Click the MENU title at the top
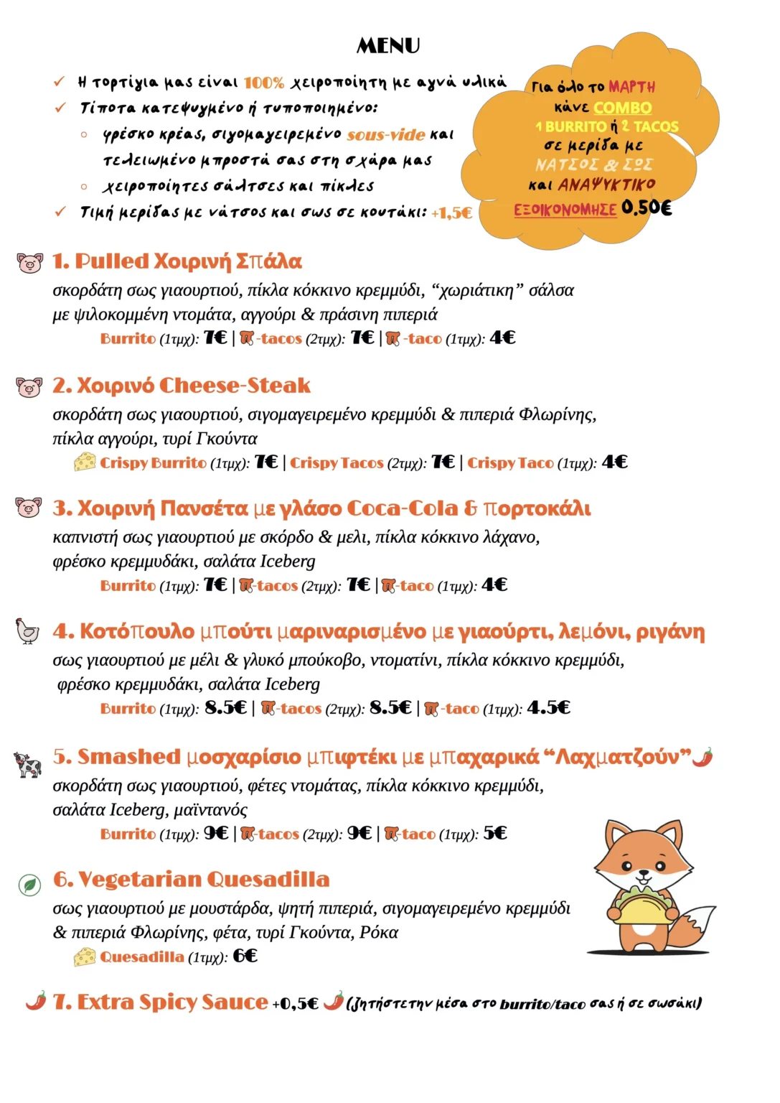(388, 46)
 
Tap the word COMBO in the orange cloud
(623, 108)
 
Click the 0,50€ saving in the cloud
(647, 208)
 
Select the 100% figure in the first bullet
(264, 83)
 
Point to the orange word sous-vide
(386, 135)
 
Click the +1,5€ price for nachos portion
(451, 213)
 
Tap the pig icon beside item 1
(29, 263)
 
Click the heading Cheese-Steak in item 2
(235, 386)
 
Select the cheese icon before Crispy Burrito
(85, 462)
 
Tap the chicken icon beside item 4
(28, 631)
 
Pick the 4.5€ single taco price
(548, 708)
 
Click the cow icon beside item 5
(28, 764)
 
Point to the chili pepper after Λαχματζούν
(703, 757)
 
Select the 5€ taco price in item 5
(495, 833)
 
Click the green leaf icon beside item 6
(29, 885)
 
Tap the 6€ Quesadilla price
(245, 956)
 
